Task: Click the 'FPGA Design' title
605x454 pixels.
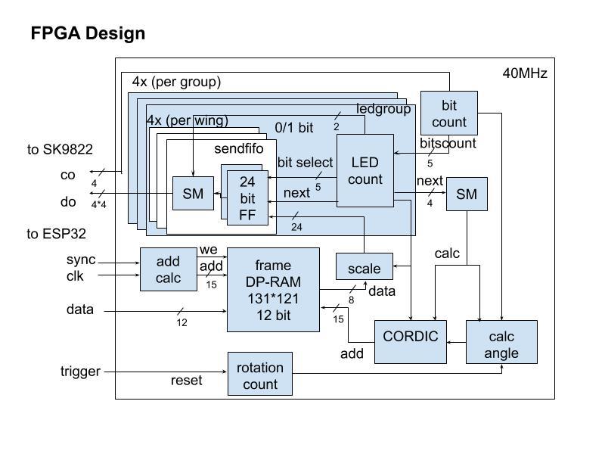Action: [88, 34]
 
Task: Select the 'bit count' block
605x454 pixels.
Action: [449, 113]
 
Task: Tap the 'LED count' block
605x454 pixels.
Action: [365, 170]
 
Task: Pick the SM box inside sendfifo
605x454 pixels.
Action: [193, 194]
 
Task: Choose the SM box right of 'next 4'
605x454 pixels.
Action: [467, 194]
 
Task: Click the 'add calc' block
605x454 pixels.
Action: [168, 269]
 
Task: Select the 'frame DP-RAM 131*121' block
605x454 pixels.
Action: [273, 290]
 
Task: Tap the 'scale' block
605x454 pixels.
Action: [364, 269]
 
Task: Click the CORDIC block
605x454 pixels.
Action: [411, 337]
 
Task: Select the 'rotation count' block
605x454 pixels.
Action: [260, 375]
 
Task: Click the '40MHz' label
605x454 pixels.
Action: [525, 73]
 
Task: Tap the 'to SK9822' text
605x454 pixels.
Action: [60, 150]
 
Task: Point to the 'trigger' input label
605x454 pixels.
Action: [80, 372]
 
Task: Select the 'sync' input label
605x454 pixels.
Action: [81, 260]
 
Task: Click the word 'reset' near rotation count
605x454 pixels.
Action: [186, 380]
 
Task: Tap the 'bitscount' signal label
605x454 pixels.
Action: [448, 142]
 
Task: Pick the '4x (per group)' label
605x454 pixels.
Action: [176, 82]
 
